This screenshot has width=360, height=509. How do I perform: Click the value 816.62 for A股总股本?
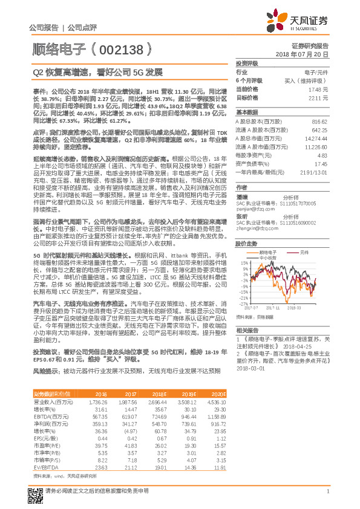319,121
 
